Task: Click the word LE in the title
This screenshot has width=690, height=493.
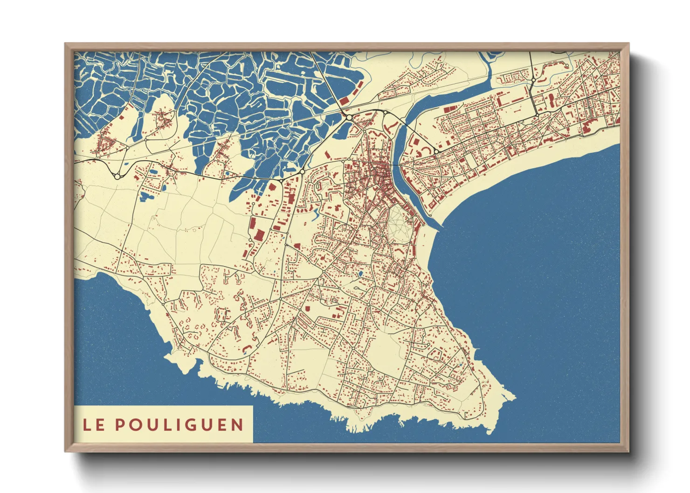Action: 93,425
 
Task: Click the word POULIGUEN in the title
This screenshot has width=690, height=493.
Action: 179,425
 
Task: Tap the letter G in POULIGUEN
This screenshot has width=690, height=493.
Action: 201,425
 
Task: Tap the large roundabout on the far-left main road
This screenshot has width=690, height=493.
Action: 117,176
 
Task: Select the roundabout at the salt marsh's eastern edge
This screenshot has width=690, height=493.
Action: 348,117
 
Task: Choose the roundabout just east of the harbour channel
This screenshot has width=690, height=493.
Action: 436,151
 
